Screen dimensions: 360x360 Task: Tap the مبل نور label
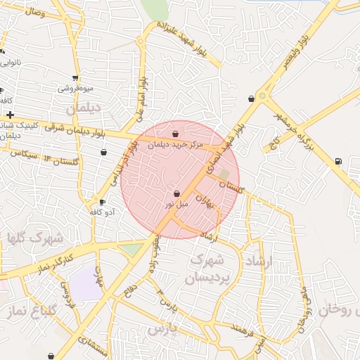click(176, 204)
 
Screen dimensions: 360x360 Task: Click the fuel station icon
click(340, 162)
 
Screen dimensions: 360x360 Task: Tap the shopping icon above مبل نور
click(176, 193)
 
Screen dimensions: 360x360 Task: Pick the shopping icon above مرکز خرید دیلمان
click(175, 134)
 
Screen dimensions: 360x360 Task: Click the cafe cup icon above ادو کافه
click(102, 202)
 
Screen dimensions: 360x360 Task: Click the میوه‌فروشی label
click(75, 89)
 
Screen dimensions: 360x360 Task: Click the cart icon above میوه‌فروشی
click(75, 78)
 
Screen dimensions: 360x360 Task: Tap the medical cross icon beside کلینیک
click(10, 115)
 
